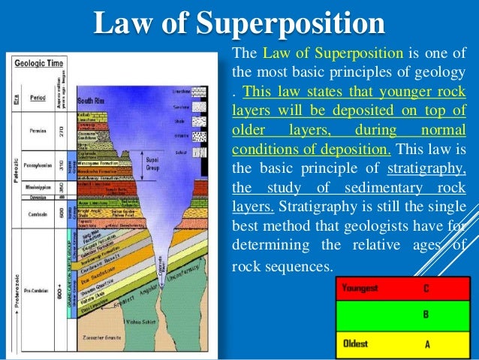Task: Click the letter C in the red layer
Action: (x=425, y=288)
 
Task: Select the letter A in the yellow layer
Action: (x=425, y=343)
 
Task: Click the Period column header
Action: (x=38, y=98)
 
